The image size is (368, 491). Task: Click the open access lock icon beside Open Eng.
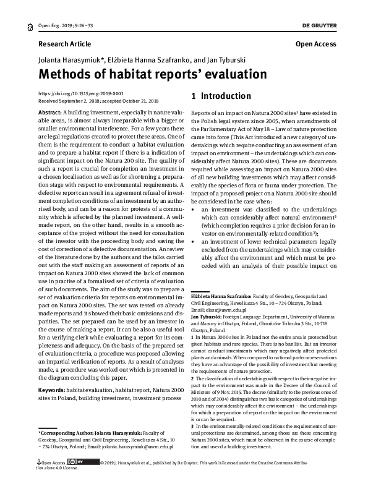32,27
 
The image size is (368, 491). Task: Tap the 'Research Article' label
64,45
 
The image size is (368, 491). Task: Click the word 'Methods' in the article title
68,75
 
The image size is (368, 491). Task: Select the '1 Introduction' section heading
221,96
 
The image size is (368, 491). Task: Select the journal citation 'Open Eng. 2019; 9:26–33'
65,26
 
